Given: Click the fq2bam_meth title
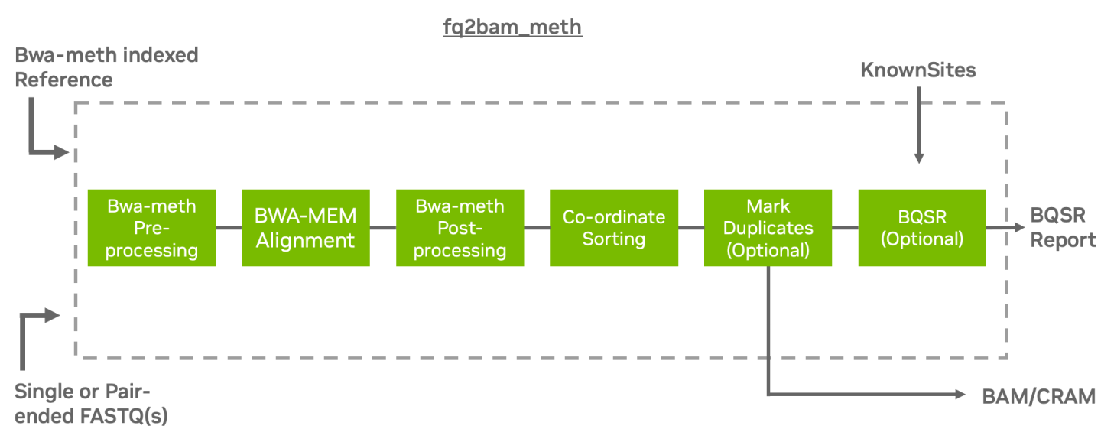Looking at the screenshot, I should point(512,28).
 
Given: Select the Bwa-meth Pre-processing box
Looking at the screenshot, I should point(151,228).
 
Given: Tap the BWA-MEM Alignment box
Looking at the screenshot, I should point(306,228).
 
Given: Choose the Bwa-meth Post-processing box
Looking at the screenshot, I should point(460,228).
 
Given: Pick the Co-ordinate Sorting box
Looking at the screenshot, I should point(614,228).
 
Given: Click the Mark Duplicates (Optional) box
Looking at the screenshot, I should point(768,228).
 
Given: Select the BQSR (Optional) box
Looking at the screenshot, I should point(922,228).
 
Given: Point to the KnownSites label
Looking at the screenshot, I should point(918,70).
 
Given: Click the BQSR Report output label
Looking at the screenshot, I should point(1063,228).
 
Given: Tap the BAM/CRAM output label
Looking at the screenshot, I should point(1038,395).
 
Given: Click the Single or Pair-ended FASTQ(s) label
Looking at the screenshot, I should point(92,404).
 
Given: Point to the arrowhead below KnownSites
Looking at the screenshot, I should point(919,158).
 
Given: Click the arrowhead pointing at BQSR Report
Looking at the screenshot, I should point(1018,227).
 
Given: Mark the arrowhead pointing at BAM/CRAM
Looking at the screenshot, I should point(962,395).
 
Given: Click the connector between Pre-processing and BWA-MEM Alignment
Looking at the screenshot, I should point(229,228).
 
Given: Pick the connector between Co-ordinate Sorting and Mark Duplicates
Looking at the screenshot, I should point(691,228).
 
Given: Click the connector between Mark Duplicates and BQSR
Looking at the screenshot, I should point(845,228).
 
